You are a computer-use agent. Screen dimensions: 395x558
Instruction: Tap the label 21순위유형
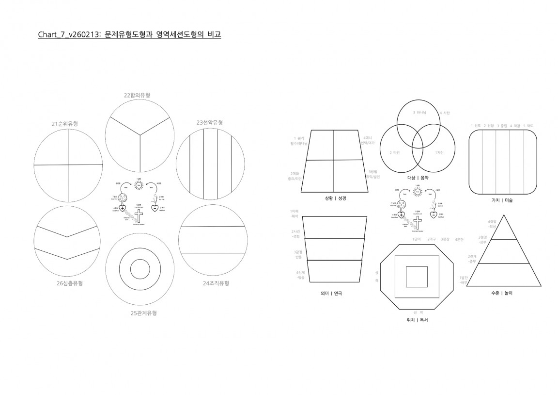tap(65, 124)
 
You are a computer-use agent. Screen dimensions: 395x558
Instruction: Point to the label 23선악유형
tap(210, 123)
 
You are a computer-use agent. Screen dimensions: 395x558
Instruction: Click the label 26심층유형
tap(69, 283)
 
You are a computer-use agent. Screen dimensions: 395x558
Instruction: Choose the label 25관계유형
tap(143, 313)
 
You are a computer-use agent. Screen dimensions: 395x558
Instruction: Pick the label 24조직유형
tap(216, 283)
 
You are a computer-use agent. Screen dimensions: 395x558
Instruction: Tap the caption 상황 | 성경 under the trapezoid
tap(335, 198)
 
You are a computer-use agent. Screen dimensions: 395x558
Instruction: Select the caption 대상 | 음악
tap(417, 178)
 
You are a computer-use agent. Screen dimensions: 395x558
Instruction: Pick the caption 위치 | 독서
tap(417, 320)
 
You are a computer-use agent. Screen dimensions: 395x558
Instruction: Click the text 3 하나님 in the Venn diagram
tap(419, 113)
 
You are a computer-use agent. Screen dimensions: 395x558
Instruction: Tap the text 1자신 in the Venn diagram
tap(439, 152)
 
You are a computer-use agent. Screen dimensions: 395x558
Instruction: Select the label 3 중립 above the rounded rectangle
tap(503, 126)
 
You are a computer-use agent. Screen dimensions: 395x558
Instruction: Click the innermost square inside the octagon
tap(417, 277)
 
